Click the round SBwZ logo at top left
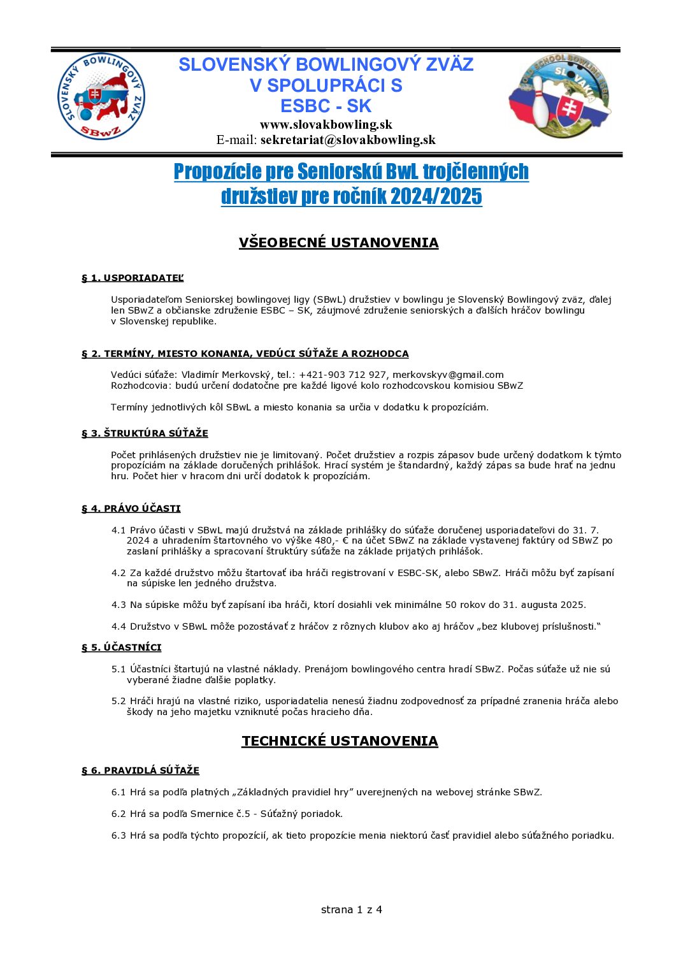[x=102, y=96]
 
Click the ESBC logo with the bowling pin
[x=559, y=96]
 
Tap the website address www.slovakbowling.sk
[x=326, y=124]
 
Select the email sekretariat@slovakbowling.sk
[x=348, y=140]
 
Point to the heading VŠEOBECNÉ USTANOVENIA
[x=338, y=243]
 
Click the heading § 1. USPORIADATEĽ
[x=133, y=278]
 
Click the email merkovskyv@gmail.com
[x=448, y=375]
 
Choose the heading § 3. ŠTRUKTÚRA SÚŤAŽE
[x=145, y=433]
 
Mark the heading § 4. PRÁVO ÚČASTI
[x=131, y=509]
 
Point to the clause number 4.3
[x=118, y=605]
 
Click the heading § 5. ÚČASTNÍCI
[x=121, y=647]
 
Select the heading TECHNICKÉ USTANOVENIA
[x=340, y=741]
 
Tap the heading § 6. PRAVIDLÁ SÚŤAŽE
[x=140, y=770]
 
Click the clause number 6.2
[x=118, y=814]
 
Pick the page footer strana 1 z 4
[x=351, y=909]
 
